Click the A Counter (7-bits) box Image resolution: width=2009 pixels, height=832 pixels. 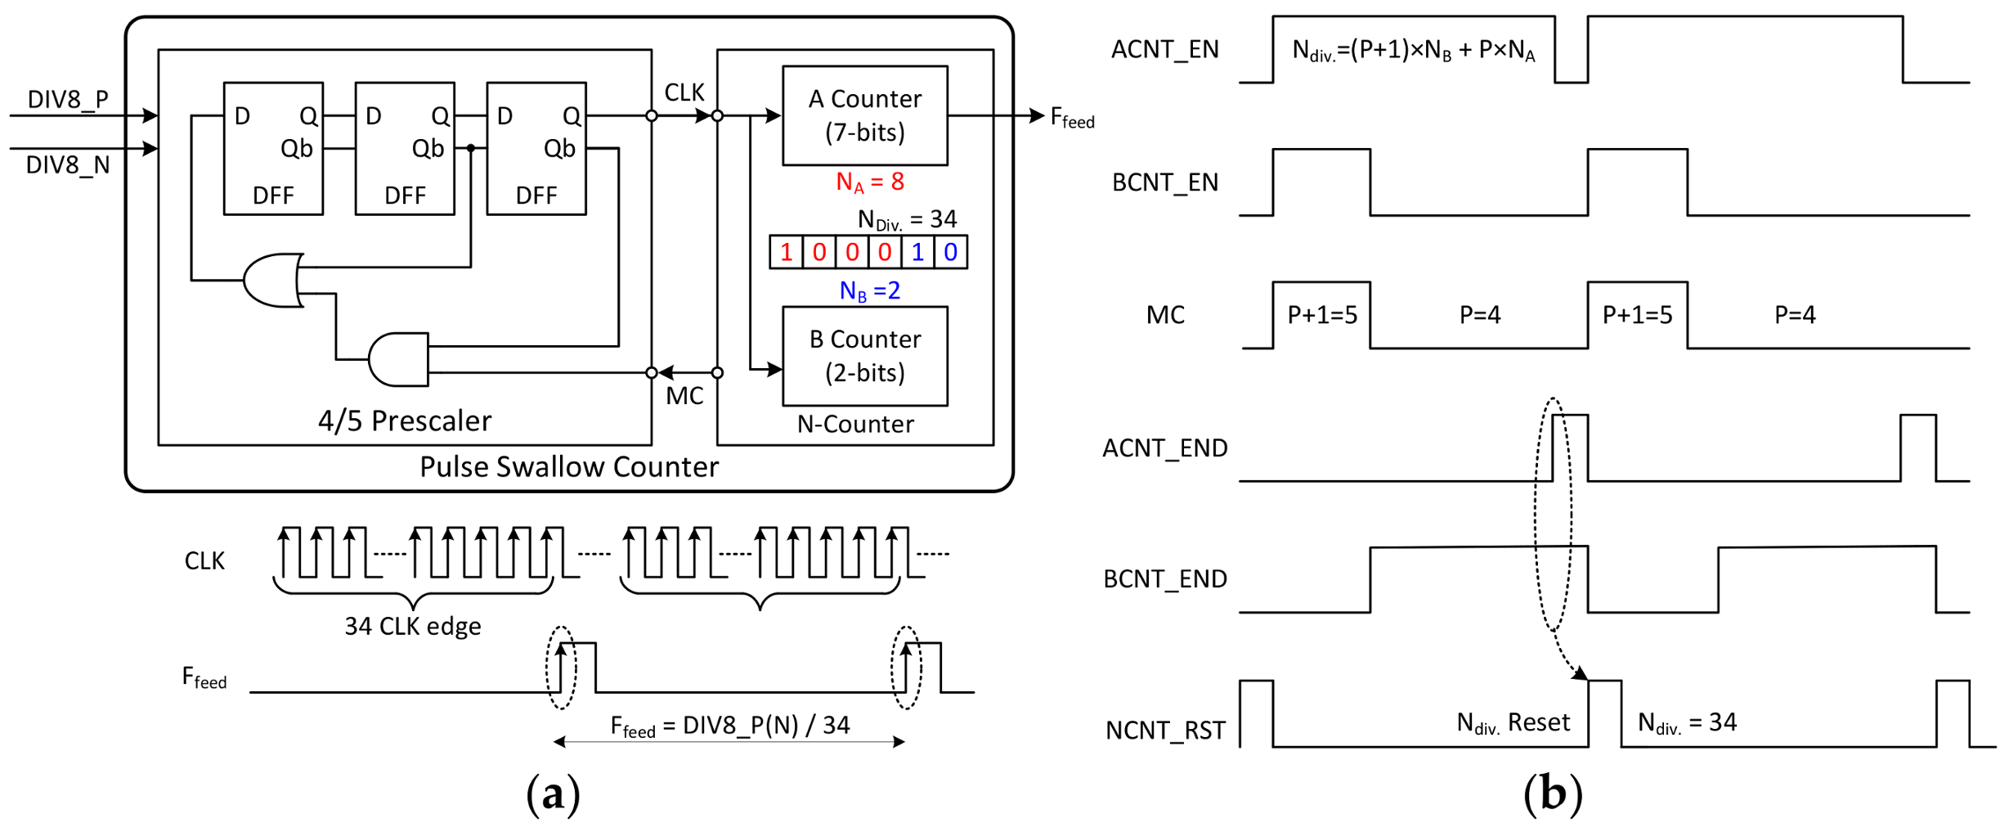pyautogui.click(x=864, y=115)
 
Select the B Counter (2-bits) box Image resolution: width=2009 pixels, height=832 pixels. pyautogui.click(x=864, y=356)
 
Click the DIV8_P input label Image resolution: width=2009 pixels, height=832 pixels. pyautogui.click(x=68, y=99)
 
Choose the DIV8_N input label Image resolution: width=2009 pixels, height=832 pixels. pyautogui.click(x=68, y=165)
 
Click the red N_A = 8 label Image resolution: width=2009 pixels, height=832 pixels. pyautogui.click(x=869, y=182)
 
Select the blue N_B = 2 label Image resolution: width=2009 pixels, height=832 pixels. pyautogui.click(x=869, y=290)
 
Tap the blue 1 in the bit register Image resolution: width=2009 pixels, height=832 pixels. pyautogui.click(x=917, y=252)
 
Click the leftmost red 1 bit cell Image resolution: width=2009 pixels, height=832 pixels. pyautogui.click(x=786, y=252)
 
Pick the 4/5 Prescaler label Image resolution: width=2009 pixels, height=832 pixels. pyautogui.click(x=405, y=420)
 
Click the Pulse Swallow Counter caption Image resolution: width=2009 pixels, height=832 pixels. pyautogui.click(x=569, y=466)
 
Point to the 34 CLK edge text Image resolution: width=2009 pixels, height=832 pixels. pyautogui.click(x=413, y=626)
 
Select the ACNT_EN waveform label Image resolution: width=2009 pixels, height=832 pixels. pyautogui.click(x=1164, y=50)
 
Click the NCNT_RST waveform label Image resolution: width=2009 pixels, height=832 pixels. pyautogui.click(x=1165, y=730)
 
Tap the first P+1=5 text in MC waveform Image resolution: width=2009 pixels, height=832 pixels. pyautogui.click(x=1321, y=315)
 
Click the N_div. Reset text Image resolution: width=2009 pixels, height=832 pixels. pyautogui.click(x=1513, y=722)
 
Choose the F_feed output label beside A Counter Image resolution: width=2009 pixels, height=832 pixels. pyautogui.click(x=1072, y=119)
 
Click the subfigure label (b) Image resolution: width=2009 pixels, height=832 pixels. pyautogui.click(x=1552, y=794)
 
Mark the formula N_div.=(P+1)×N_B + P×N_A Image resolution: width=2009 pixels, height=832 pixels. pyautogui.click(x=1413, y=52)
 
